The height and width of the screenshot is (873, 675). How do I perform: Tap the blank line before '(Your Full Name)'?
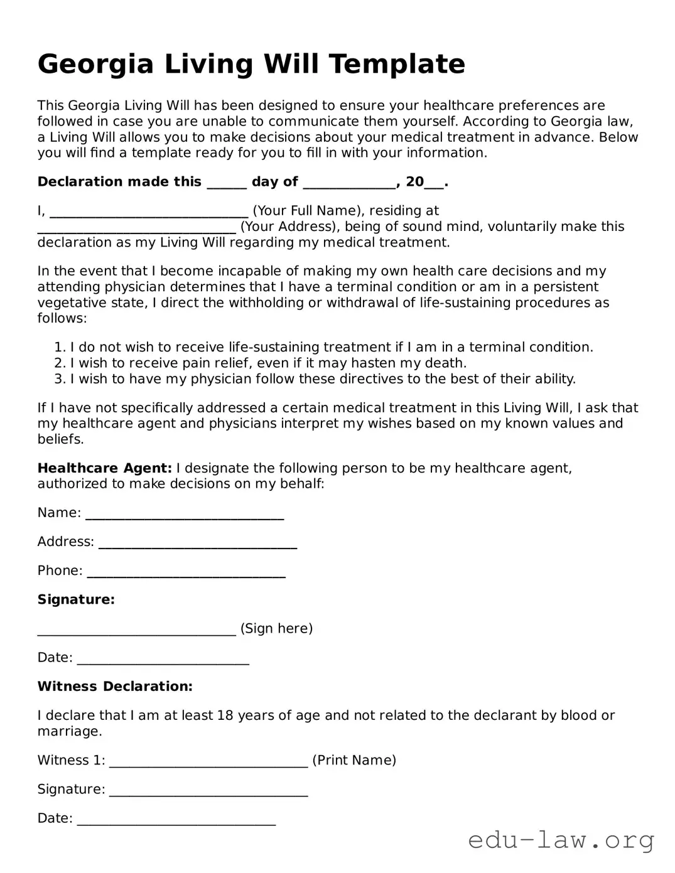[x=149, y=212]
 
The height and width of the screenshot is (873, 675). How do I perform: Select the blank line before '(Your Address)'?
[x=137, y=228]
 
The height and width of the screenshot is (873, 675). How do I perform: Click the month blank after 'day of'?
[x=350, y=183]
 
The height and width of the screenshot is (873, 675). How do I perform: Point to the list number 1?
[x=59, y=348]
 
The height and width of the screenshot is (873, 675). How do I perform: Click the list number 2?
[x=59, y=363]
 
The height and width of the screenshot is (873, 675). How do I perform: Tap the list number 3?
[x=59, y=379]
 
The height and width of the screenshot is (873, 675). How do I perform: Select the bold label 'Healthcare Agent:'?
[x=104, y=468]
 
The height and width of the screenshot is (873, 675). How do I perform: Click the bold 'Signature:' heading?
[x=76, y=599]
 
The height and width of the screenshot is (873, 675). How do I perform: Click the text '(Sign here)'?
[x=276, y=628]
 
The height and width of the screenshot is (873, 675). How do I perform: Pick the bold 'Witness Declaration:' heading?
[x=115, y=687]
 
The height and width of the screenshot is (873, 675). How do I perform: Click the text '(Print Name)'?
[x=354, y=761]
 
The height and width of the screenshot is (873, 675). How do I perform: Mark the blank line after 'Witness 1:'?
[x=208, y=762]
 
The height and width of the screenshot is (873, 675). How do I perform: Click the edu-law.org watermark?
[x=561, y=840]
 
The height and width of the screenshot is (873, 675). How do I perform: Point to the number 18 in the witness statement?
[x=225, y=715]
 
